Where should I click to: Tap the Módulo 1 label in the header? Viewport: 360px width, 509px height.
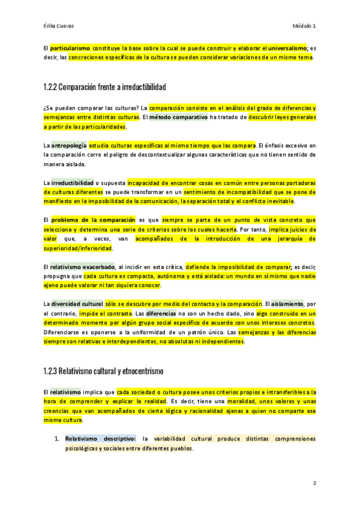[304, 26]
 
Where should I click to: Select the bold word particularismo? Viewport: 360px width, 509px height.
[70, 47]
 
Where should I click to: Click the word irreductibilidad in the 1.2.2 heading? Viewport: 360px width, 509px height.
[143, 87]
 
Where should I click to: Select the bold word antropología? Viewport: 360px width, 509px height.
[69, 145]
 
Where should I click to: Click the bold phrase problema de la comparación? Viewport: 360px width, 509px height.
[91, 220]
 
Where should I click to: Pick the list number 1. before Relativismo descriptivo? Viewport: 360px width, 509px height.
[57, 439]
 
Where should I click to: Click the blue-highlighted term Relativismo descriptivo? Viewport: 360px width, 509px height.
[101, 439]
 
